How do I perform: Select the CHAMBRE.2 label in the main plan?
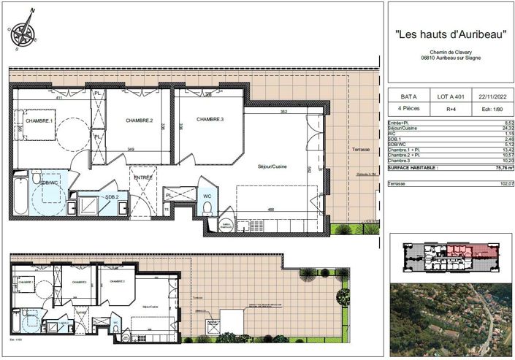(x=139, y=120)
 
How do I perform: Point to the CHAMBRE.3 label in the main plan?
(x=210, y=119)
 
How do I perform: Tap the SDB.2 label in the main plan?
(x=111, y=197)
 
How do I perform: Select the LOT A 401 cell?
(x=449, y=96)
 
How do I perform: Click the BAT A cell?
(x=409, y=96)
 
